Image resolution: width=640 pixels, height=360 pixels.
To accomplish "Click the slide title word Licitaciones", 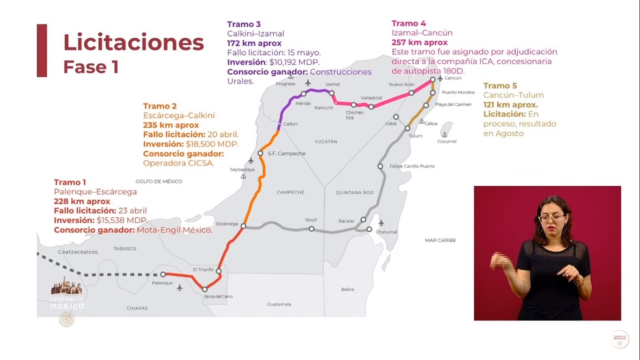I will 134,43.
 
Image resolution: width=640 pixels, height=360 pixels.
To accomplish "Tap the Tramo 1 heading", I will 70,182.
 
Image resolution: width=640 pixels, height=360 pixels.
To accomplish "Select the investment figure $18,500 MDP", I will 212,144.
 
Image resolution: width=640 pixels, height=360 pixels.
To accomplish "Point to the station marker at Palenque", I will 163,274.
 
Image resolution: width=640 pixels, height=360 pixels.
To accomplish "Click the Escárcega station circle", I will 243,226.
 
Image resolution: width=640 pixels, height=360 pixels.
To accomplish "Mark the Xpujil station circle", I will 312,229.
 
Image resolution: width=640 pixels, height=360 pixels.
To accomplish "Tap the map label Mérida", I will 303,103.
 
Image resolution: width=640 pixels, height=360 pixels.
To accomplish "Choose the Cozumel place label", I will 447,141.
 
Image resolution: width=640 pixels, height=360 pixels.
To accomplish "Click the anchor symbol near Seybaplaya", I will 243,176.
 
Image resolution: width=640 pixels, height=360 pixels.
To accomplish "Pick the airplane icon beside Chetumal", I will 381,223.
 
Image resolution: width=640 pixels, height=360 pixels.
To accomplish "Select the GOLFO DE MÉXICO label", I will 159,181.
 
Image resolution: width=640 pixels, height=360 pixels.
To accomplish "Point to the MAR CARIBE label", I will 440,240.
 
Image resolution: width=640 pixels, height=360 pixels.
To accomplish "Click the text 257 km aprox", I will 419,43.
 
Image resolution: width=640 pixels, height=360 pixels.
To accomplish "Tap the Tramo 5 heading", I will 500,86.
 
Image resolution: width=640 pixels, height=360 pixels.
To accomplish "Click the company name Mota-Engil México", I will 174,230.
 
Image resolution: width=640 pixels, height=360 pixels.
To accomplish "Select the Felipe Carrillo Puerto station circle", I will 380,166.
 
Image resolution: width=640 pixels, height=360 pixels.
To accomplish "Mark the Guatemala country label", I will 279,304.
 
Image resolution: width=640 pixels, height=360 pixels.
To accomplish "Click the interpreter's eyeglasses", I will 552,217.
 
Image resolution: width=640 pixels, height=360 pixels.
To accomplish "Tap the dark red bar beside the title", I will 42,51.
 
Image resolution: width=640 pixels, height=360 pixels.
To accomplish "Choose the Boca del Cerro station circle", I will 205,289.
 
